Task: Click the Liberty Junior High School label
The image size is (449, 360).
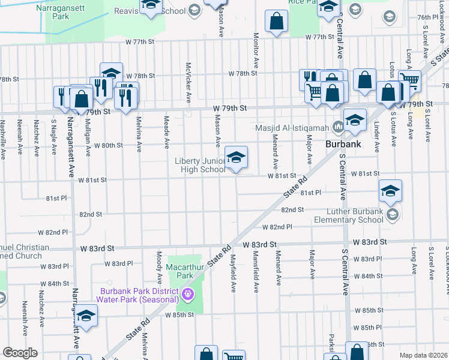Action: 200,165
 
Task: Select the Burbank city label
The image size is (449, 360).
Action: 342,145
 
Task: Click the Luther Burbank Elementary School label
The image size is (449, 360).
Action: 355,215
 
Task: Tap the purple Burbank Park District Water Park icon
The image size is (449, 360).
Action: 188,294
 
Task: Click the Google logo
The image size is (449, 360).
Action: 20,353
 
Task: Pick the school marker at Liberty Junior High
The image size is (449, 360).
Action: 237,158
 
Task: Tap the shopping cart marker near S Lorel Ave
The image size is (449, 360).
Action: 409,80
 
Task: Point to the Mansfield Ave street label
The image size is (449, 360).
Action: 256,274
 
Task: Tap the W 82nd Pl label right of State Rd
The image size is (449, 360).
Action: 277,227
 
